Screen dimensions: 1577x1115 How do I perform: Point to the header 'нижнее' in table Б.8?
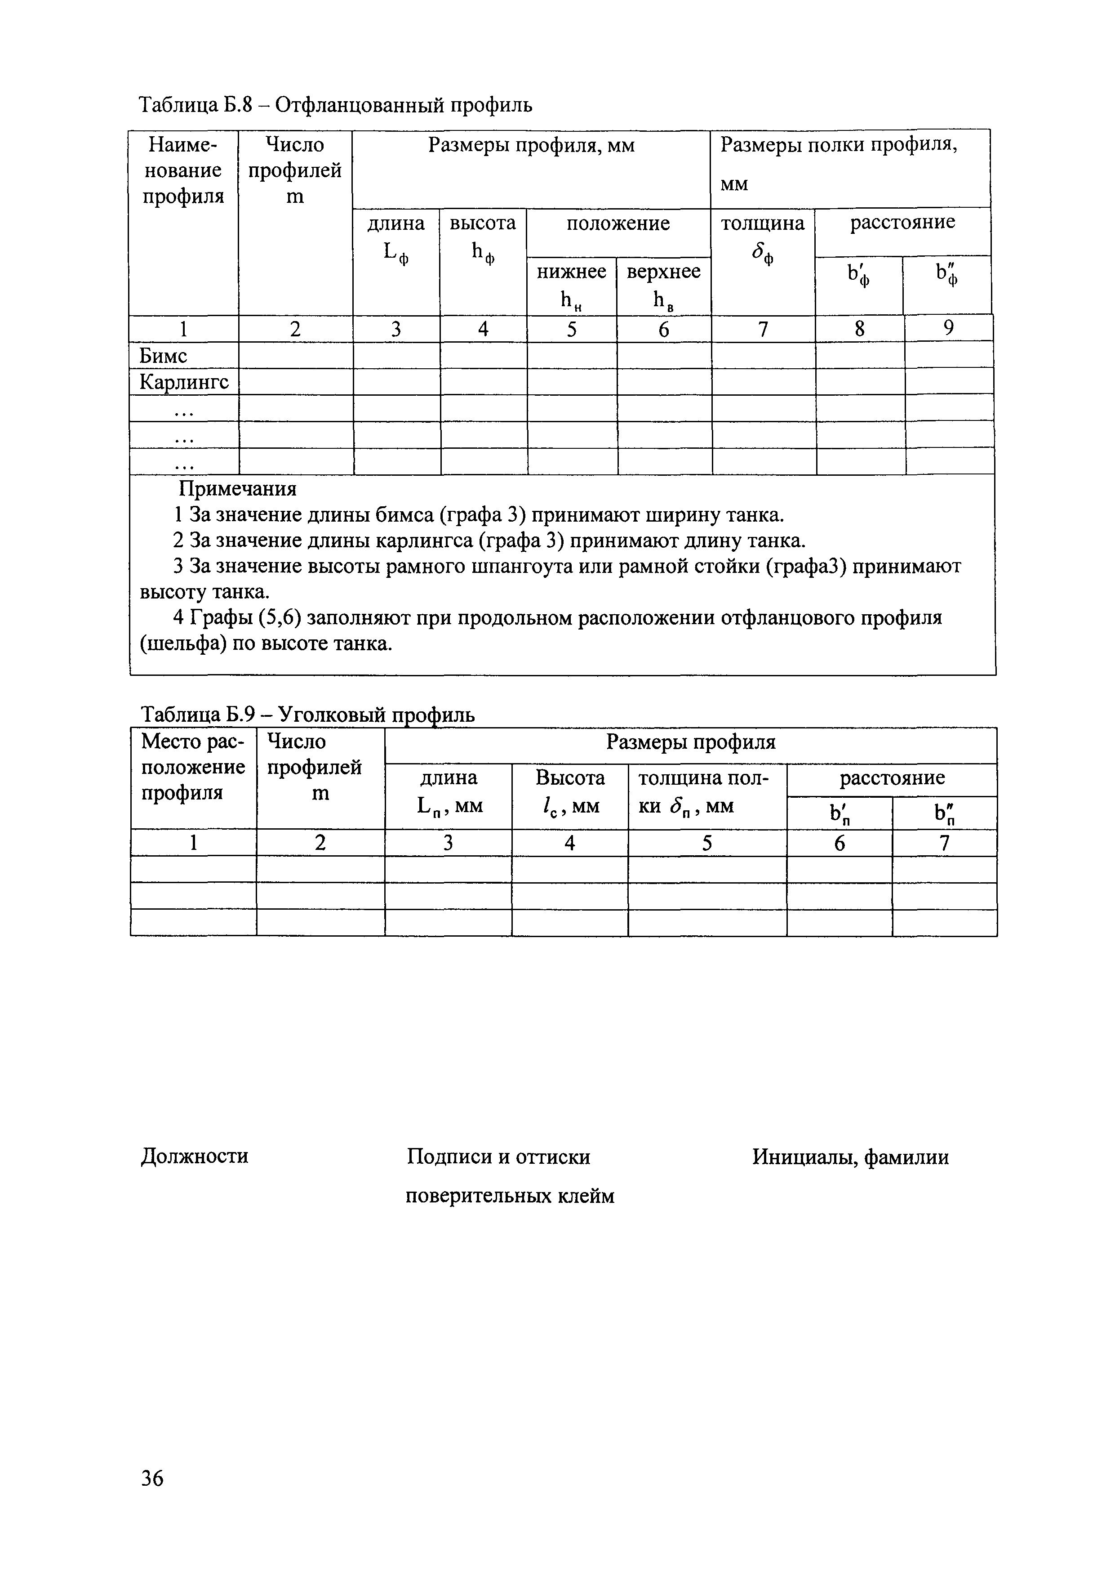click(571, 272)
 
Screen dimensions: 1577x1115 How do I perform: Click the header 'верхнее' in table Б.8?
click(663, 272)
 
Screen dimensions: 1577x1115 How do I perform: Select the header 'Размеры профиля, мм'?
click(531, 146)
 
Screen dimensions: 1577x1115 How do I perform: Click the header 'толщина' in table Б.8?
click(762, 224)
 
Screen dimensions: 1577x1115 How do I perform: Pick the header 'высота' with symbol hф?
click(483, 224)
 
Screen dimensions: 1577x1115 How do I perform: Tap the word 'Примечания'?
click(238, 489)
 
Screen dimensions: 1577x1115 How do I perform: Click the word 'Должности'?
click(194, 1157)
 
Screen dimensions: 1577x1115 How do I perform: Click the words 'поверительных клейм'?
click(510, 1197)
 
